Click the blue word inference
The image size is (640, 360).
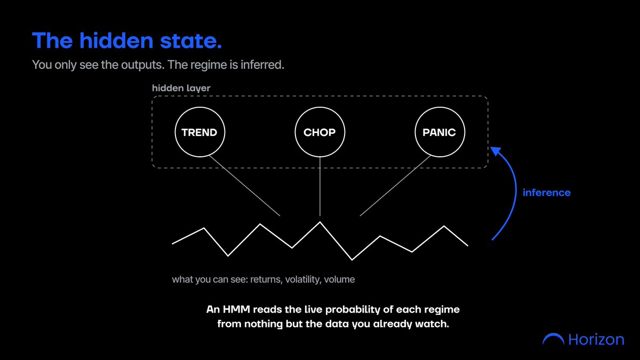tap(547, 193)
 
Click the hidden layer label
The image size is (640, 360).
tap(181, 89)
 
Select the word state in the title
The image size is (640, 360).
tap(191, 41)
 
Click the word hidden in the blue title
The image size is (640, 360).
tap(116, 41)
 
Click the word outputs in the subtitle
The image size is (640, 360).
tap(142, 65)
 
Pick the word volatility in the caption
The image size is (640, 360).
tap(303, 279)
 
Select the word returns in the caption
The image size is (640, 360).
tap(266, 279)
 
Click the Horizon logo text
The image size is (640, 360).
tap(596, 340)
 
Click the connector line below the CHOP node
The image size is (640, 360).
tap(320, 186)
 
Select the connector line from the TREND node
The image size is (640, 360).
tap(245, 186)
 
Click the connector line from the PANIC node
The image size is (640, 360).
tap(395, 186)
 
